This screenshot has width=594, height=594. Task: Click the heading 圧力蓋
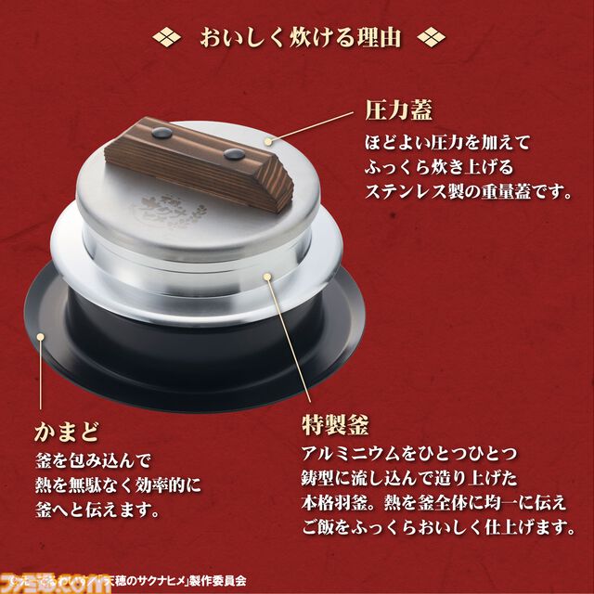395,115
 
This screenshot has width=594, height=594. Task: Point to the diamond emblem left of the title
166,38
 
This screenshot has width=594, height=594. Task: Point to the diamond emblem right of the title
430,38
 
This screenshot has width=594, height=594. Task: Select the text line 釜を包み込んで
97,461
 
